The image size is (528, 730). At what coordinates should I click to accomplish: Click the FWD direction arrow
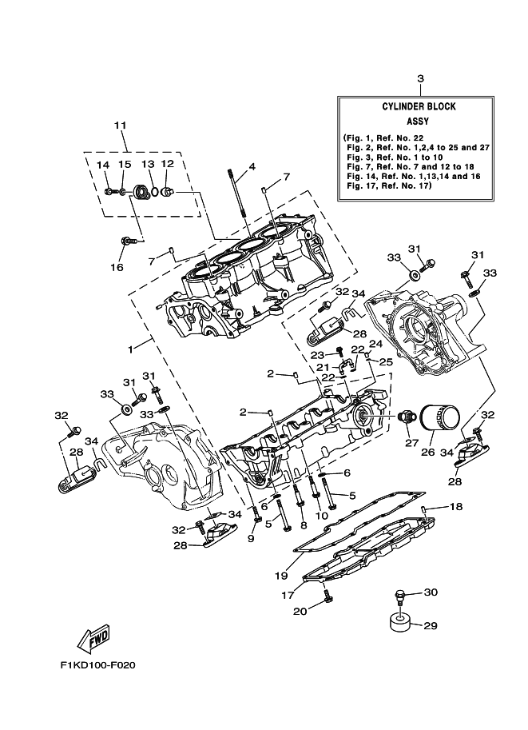point(92,636)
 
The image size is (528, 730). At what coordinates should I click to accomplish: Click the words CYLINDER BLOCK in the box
point(419,106)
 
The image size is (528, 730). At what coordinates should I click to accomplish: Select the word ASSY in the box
point(419,122)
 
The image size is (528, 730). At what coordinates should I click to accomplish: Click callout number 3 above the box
point(419,78)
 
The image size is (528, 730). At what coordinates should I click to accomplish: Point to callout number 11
point(121,126)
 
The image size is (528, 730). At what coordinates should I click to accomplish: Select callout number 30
point(430,592)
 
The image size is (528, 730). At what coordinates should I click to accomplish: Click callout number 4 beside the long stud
point(251,167)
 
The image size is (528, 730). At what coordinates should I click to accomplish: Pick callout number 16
point(117,267)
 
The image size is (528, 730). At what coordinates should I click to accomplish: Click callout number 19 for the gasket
point(280,575)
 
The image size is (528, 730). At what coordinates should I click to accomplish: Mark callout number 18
point(455,507)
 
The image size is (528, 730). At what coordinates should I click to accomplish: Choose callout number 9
point(250,539)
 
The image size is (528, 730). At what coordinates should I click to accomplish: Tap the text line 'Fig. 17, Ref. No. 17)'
point(387,185)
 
